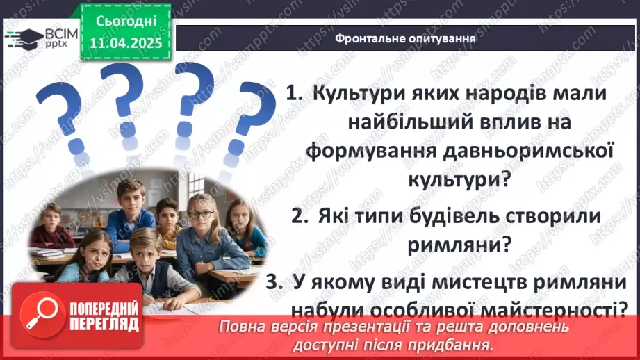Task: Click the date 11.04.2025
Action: point(126,43)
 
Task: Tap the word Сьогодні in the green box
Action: point(126,22)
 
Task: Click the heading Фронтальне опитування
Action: point(405,38)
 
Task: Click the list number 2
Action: point(300,216)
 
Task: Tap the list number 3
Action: point(274,282)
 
